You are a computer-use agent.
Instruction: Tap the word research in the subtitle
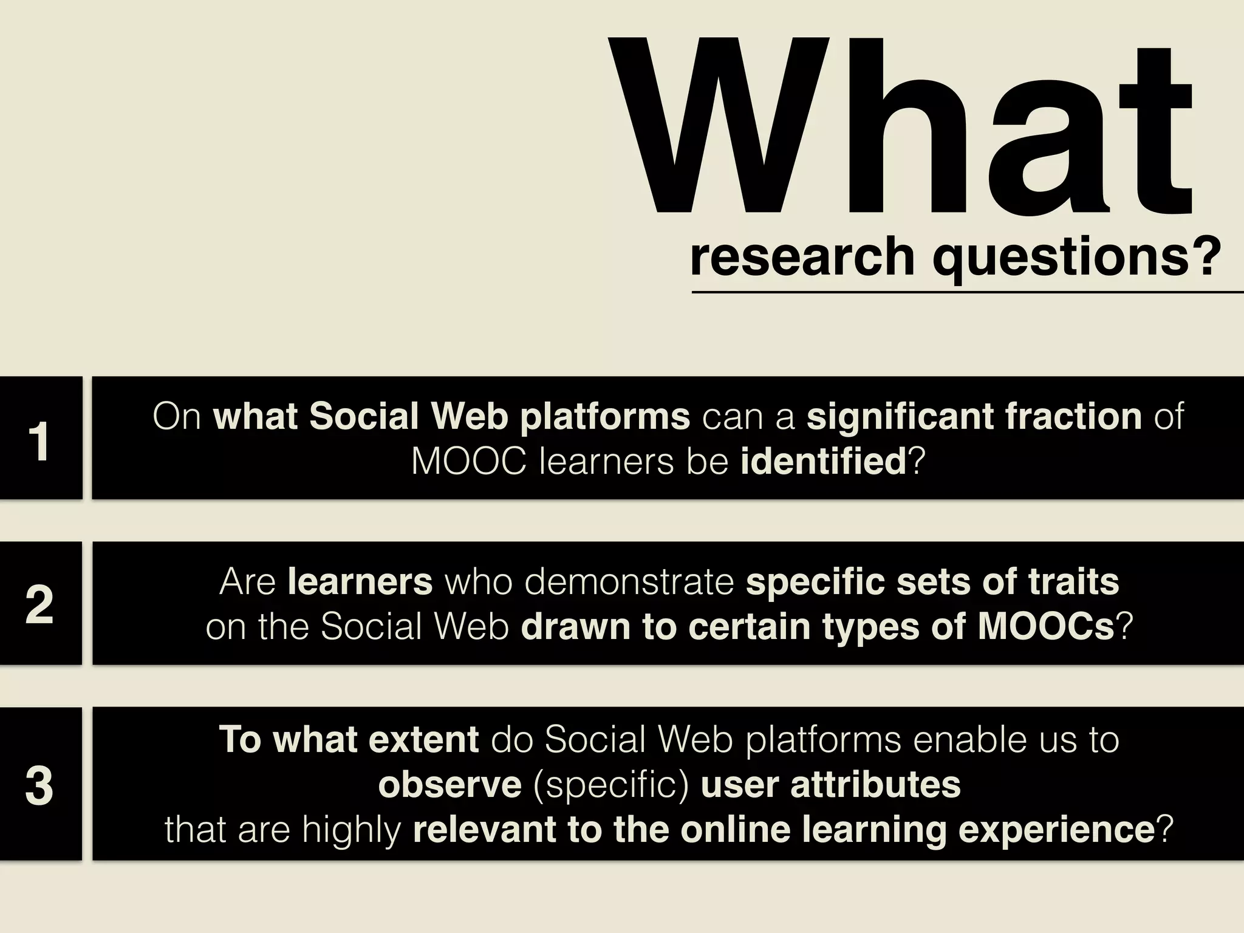(x=802, y=257)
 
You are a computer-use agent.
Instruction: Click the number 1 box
(x=40, y=438)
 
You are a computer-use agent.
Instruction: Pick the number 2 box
(x=40, y=603)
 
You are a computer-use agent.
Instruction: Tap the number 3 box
(x=40, y=784)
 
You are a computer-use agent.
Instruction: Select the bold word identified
(x=823, y=462)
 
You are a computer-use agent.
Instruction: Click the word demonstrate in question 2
(x=629, y=582)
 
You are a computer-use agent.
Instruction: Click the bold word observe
(x=449, y=784)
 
